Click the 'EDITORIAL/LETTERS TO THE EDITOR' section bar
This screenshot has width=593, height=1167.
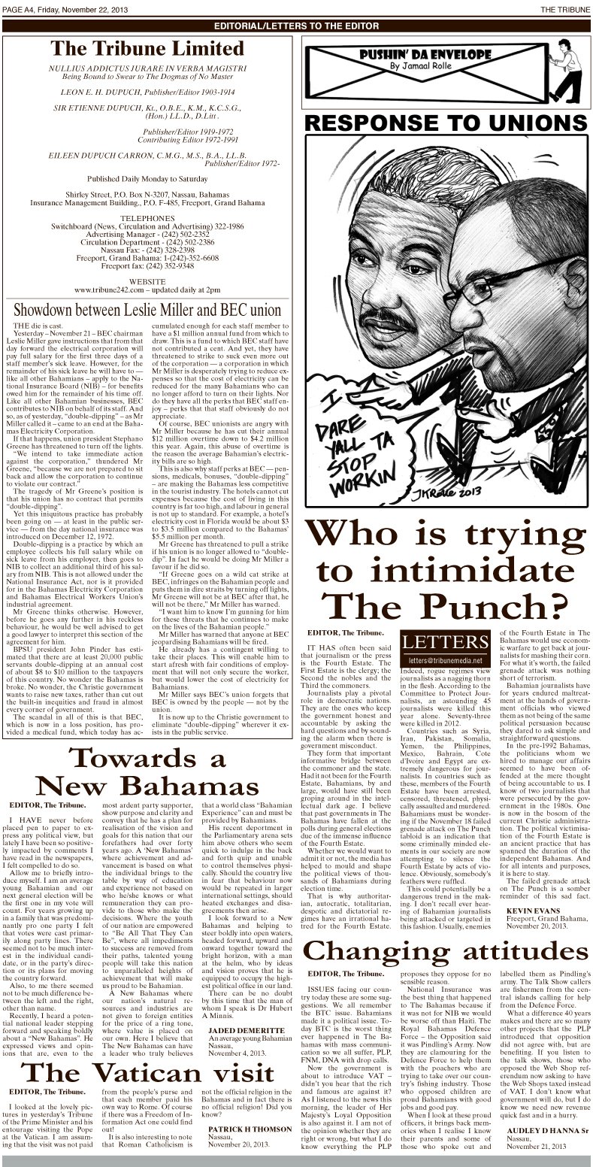(297, 26)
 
